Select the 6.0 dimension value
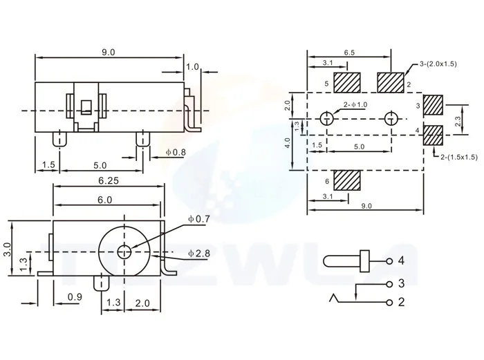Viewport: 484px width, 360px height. point(105,199)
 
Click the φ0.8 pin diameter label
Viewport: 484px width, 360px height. point(175,152)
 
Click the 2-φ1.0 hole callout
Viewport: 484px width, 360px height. point(354,105)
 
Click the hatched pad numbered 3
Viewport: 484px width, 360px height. point(433,105)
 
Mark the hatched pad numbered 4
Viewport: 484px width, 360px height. point(433,134)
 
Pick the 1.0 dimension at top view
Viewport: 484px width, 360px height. point(192,66)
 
